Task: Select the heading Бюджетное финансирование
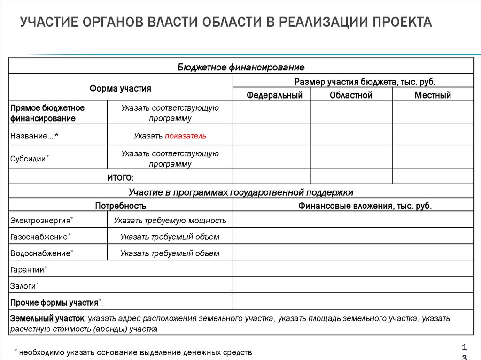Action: point(241,67)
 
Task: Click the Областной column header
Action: point(351,95)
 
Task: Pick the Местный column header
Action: point(433,95)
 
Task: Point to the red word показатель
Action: point(186,136)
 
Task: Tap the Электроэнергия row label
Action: point(41,220)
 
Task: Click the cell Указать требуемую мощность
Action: point(170,220)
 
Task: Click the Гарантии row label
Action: point(27,270)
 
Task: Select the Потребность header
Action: point(121,206)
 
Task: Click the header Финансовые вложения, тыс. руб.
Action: point(365,206)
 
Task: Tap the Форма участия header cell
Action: point(121,88)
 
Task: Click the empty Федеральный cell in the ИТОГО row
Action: point(272,176)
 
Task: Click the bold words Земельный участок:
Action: point(48,318)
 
